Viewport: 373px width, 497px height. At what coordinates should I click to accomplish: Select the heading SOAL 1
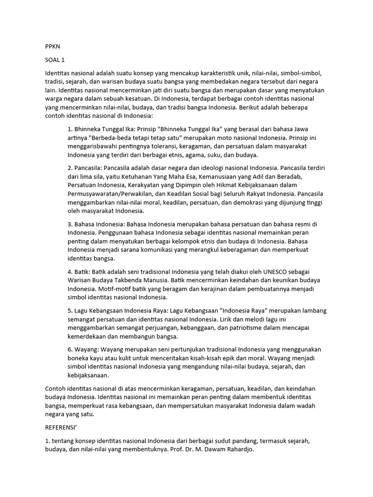pos(55,60)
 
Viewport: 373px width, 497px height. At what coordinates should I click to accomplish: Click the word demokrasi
pos(239,202)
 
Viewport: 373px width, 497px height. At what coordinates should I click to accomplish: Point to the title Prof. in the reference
pos(172,449)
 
